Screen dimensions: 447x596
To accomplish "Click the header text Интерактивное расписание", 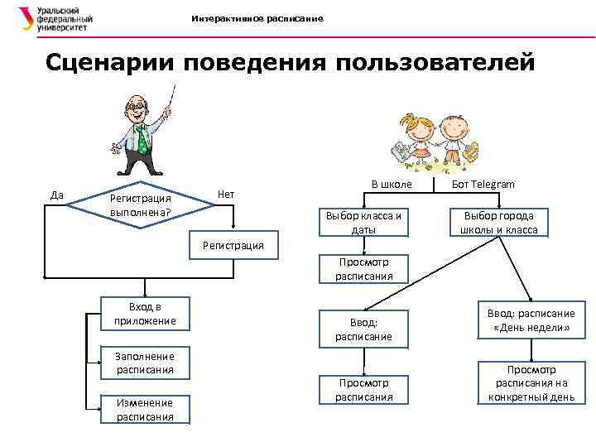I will (257, 18).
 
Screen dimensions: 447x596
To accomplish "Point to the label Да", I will (57, 195).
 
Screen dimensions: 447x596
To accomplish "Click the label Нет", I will (226, 195).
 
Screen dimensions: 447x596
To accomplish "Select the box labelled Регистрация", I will (233, 244).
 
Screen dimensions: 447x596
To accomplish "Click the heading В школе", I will (388, 183).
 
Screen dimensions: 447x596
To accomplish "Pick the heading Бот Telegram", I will (483, 184).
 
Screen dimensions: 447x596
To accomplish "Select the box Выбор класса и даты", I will (364, 222).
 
